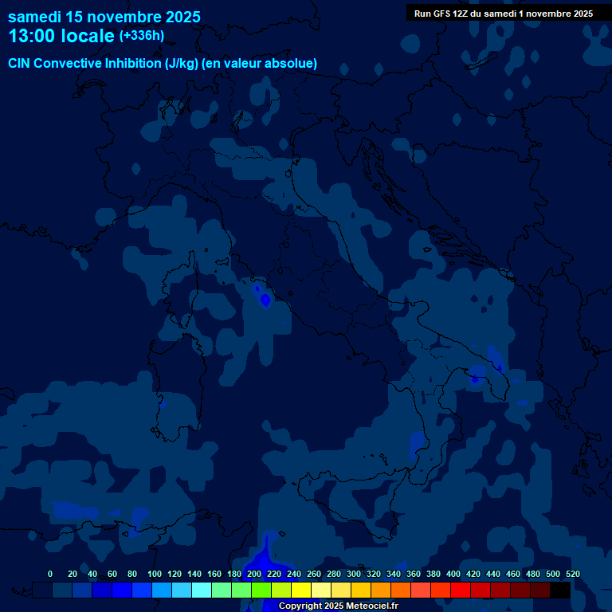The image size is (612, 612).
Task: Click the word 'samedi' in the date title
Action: [x=34, y=17]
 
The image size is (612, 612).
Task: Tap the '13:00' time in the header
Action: [x=32, y=36]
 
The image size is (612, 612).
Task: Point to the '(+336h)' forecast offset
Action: [x=141, y=36]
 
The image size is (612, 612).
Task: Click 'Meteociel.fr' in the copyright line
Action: [x=371, y=606]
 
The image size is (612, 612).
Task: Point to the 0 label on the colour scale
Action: [x=50, y=574]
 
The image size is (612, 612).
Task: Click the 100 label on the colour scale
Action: [x=155, y=574]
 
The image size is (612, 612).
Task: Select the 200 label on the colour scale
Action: [x=254, y=574]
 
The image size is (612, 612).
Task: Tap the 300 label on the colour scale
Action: [x=354, y=574]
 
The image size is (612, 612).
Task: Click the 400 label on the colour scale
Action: [x=453, y=574]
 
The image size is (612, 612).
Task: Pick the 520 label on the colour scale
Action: [x=573, y=574]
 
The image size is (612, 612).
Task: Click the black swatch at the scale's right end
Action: [x=560, y=590]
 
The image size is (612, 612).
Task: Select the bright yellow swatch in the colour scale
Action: [x=301, y=590]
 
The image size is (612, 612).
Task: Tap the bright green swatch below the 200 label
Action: [x=261, y=590]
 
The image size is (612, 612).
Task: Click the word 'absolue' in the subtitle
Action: [x=291, y=64]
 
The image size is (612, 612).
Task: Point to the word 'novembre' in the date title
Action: [x=122, y=17]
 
